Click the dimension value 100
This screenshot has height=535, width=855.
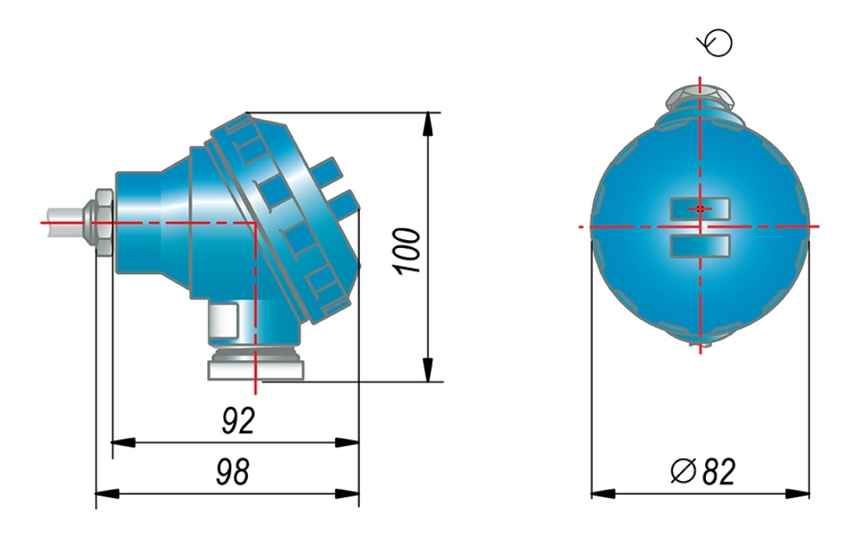coord(407,251)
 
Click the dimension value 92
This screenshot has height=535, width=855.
coord(238,420)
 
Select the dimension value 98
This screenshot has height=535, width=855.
coord(233,471)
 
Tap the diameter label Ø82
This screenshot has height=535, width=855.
coord(703,471)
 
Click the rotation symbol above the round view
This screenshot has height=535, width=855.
coord(715,42)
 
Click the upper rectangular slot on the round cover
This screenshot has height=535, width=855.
coord(700,209)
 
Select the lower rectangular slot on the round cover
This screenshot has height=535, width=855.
coord(700,246)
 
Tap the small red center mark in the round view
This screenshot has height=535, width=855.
coord(700,209)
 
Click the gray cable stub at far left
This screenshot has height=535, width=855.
coord(64,223)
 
